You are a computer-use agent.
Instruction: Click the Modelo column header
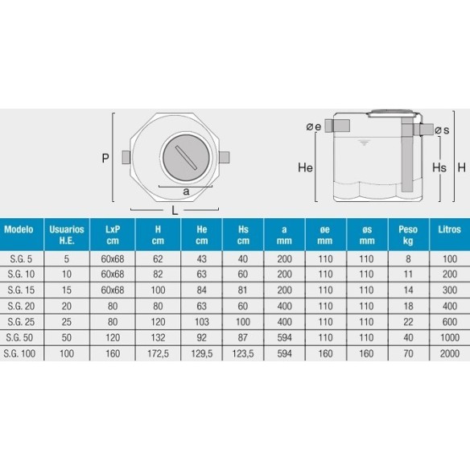point(19,229)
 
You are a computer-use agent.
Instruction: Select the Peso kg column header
point(408,235)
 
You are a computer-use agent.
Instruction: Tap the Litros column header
point(449,229)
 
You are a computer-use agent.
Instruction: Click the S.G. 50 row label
point(19,337)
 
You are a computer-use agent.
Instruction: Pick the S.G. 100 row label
point(19,353)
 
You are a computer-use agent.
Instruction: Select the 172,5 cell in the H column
point(158,353)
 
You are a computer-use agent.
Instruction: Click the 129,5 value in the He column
point(202,353)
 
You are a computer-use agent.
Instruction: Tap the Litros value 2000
point(450,353)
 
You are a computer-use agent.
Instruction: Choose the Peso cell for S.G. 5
point(408,258)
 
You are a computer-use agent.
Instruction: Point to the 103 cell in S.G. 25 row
point(202,322)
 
